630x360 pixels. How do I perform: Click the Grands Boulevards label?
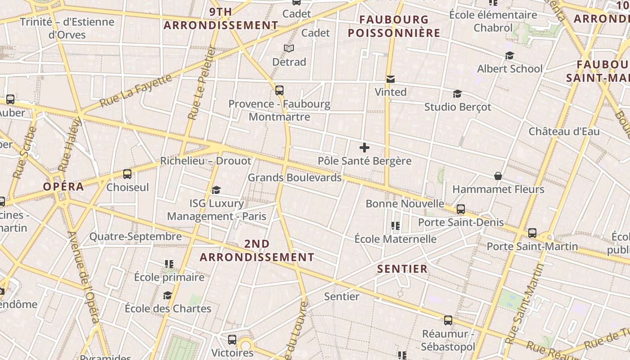(295, 178)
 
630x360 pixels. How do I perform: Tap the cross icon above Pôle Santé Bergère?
(364, 147)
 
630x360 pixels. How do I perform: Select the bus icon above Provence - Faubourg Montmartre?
(279, 90)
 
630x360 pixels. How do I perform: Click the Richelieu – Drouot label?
(206, 161)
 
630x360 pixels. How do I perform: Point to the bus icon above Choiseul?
(127, 174)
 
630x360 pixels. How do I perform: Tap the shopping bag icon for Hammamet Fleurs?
(498, 176)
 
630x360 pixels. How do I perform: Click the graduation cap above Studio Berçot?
(458, 94)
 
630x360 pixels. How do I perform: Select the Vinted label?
(391, 92)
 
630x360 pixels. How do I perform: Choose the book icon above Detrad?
(289, 48)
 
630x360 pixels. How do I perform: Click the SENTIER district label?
(402, 269)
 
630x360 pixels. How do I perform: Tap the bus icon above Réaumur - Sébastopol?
(448, 320)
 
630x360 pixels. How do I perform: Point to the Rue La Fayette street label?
(136, 90)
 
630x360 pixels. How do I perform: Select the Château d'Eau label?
(564, 131)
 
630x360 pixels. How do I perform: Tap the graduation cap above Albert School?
(509, 55)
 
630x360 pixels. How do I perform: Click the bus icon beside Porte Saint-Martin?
(532, 233)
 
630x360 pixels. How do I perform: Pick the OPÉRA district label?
(63, 187)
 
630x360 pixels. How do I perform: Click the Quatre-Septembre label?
(135, 236)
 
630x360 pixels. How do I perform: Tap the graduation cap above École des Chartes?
(168, 295)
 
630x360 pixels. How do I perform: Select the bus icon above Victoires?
(232, 340)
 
